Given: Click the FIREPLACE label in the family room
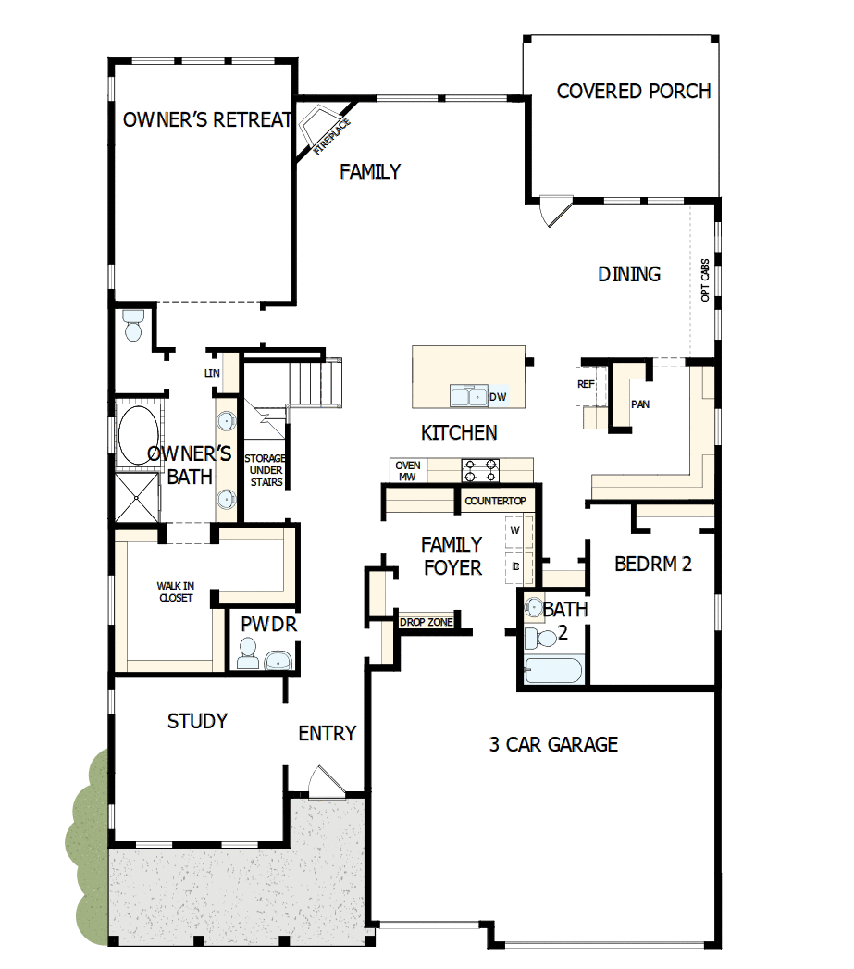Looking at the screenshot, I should [331, 134].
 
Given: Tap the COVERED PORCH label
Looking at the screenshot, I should [634, 91].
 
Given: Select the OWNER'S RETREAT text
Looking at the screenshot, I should [208, 119].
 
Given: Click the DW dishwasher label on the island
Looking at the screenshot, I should [498, 396].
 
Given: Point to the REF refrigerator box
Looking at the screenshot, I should [586, 384].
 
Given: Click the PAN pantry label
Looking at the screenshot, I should [640, 404].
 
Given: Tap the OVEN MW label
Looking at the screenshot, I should [408, 471].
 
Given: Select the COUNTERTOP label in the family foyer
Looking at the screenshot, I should [495, 501].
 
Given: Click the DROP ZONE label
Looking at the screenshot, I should [427, 622].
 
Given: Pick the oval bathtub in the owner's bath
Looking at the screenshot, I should [137, 433].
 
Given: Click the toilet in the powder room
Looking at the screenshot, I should [247, 656].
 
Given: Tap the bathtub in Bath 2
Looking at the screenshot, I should [553, 670].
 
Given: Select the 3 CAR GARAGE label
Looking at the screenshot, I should [553, 743].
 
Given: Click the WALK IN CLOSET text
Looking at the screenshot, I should [175, 591].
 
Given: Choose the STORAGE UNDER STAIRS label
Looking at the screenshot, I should [264, 470].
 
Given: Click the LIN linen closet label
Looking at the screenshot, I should [211, 372].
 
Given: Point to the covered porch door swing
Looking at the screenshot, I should [552, 211].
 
